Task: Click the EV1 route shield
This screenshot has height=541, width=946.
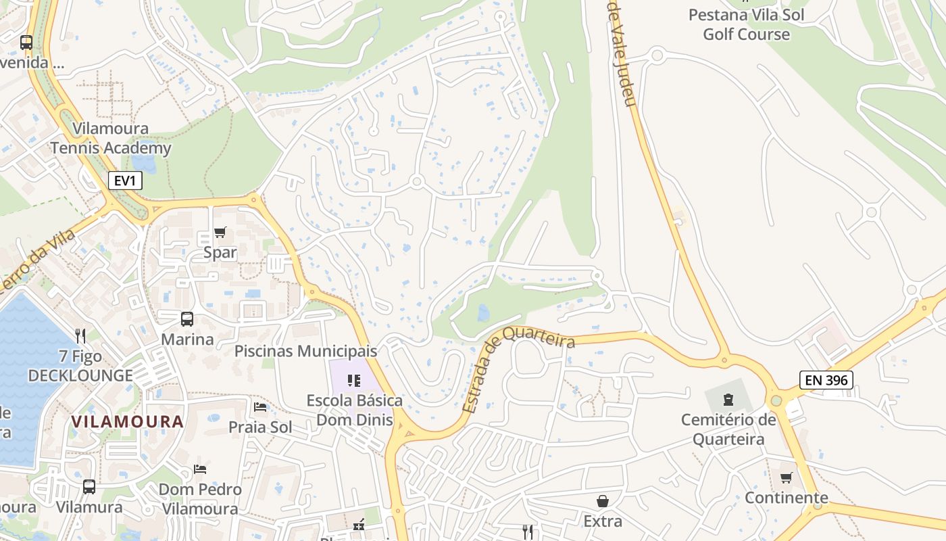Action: [x=125, y=181]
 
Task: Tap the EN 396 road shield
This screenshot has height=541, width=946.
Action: [x=826, y=380]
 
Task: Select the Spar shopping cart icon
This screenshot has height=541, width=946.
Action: [x=220, y=233]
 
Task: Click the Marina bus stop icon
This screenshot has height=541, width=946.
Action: [x=186, y=319]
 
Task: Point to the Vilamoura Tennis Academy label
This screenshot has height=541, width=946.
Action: [x=111, y=139]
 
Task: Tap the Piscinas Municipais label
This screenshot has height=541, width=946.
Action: [x=305, y=352]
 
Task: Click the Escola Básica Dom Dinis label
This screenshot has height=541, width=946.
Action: [x=354, y=410]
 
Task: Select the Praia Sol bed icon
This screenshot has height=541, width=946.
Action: [x=260, y=407]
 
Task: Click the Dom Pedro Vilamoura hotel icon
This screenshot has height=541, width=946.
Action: [x=199, y=469]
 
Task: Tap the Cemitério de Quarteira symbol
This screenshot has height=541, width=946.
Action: [x=728, y=399]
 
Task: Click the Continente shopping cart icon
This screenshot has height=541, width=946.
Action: [x=786, y=478]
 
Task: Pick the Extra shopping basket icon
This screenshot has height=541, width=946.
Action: [x=602, y=501]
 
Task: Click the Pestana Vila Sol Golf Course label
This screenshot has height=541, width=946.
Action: [x=746, y=24]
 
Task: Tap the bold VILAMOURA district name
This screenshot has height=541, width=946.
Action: [x=127, y=421]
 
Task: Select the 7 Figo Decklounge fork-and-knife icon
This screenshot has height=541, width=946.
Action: [x=80, y=335]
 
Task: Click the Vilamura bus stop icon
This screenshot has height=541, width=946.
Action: [x=89, y=486]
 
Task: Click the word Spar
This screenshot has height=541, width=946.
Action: [x=220, y=253]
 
